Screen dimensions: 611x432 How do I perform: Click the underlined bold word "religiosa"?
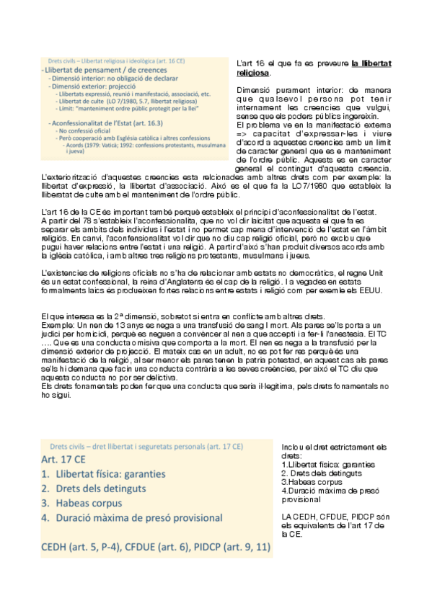click(x=253, y=73)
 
